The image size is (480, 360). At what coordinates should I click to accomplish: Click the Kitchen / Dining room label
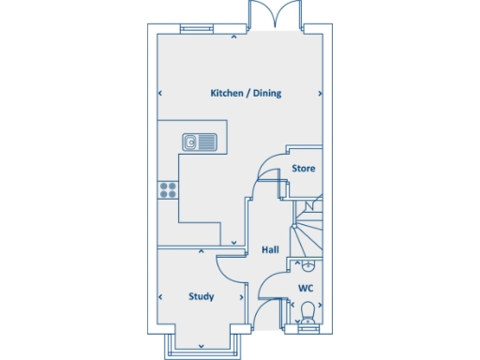246,94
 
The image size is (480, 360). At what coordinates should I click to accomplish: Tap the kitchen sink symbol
200,142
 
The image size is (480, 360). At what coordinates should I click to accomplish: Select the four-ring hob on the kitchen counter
169,189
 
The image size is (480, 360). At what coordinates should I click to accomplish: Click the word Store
303,169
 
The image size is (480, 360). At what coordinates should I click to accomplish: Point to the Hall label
270,249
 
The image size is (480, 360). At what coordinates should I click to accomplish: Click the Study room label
201,296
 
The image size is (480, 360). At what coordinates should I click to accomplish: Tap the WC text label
306,288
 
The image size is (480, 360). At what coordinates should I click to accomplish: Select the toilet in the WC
307,311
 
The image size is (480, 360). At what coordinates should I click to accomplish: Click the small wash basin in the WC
308,266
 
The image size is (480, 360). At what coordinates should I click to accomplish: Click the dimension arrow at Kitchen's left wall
160,94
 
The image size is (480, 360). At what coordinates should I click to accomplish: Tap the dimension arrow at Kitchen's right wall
322,94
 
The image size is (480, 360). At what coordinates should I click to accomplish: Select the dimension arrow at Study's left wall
160,296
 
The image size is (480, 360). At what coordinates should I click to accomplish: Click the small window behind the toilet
307,327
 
